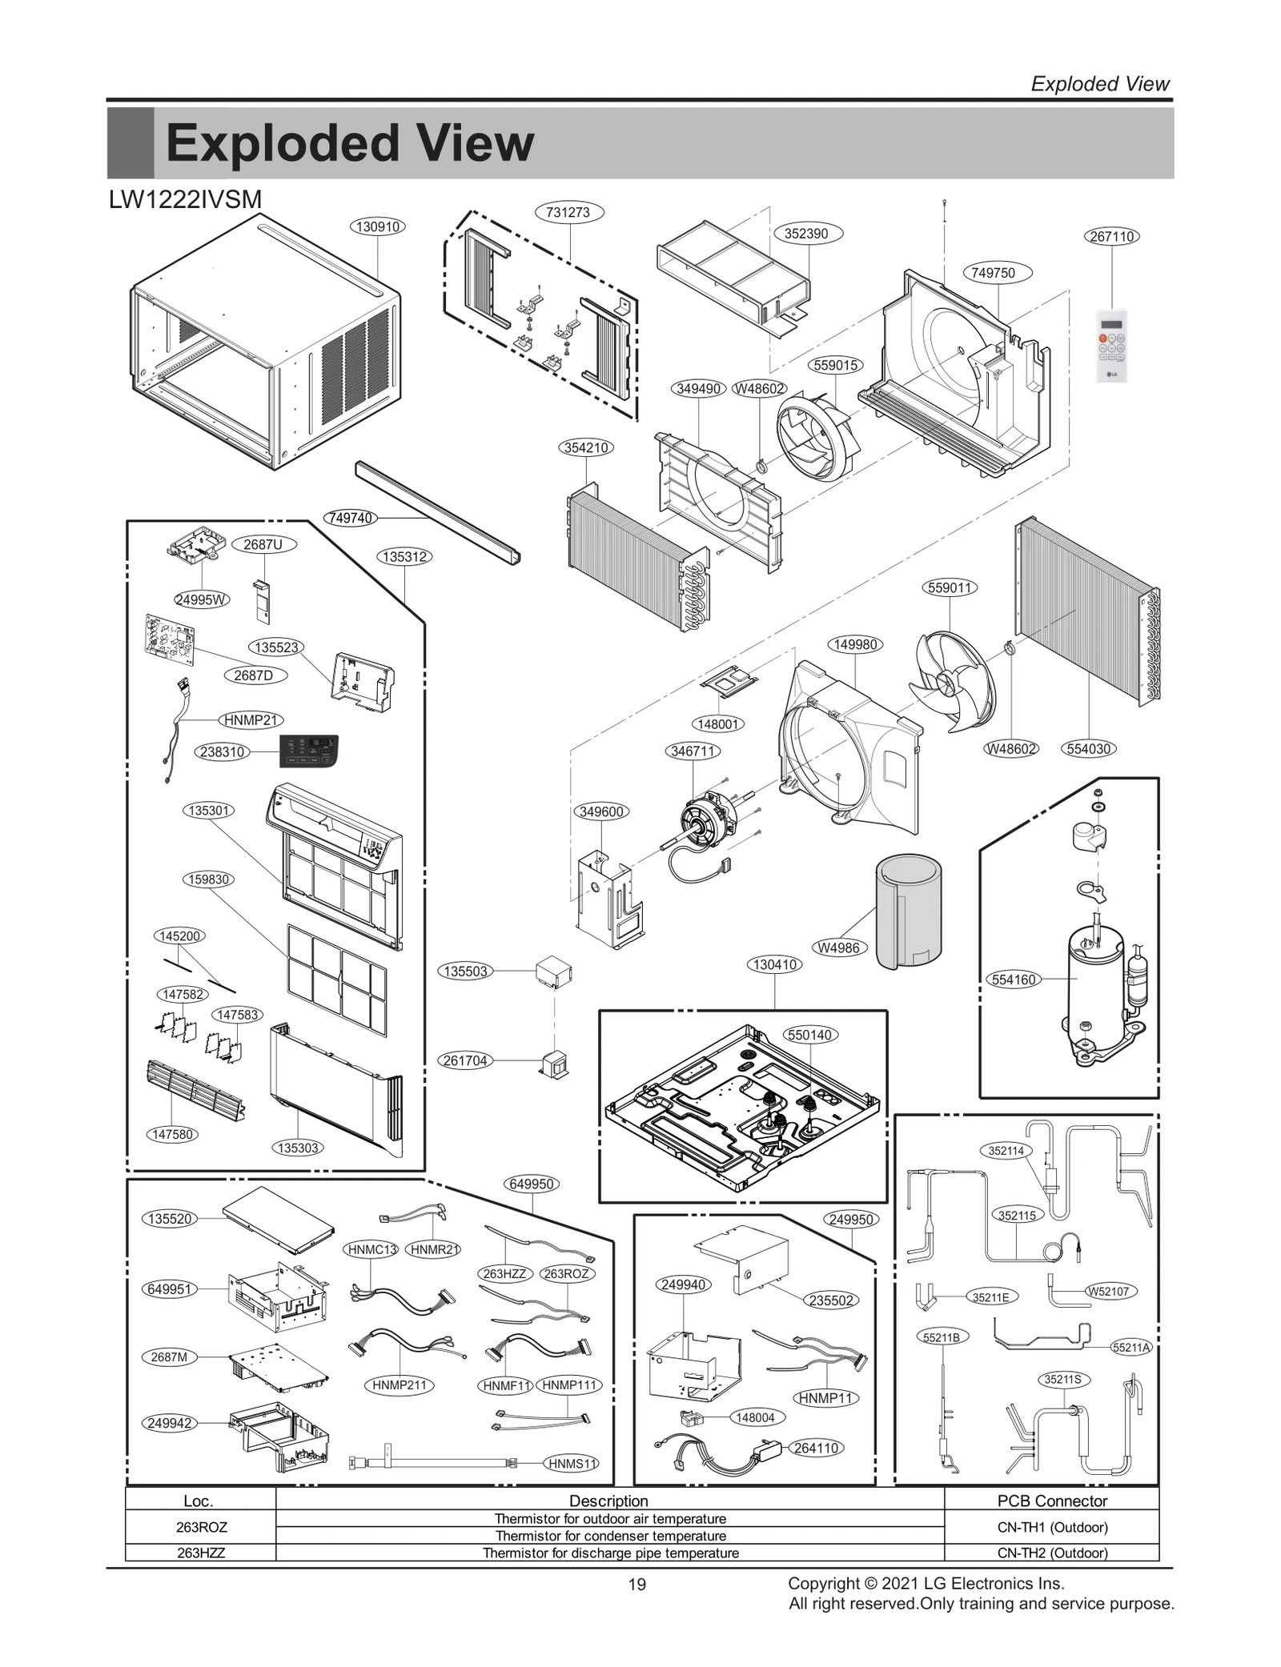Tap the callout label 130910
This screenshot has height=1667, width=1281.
377,226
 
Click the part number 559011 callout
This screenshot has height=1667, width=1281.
950,587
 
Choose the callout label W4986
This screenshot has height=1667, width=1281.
838,948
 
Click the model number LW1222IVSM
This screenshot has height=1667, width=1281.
185,200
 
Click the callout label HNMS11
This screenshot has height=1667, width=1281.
572,1464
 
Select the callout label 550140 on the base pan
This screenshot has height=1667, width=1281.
810,1035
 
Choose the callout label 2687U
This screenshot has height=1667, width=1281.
263,545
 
